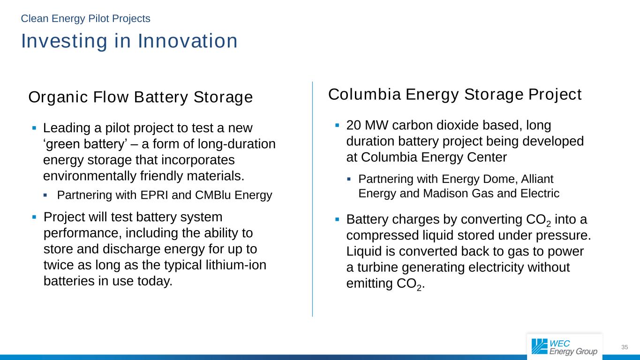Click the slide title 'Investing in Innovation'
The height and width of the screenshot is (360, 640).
129,41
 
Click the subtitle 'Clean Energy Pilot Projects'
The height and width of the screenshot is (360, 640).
85,19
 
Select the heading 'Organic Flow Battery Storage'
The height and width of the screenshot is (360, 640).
141,97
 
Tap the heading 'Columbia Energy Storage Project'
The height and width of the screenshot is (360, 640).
455,95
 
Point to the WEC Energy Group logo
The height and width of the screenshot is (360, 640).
565,347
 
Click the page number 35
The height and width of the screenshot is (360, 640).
625,347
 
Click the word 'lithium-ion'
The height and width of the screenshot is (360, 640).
236,265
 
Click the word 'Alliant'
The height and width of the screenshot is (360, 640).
537,179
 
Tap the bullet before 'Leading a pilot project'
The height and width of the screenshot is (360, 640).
34,128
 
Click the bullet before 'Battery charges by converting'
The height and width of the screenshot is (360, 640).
338,219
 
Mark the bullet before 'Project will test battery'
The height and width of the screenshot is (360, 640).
34,217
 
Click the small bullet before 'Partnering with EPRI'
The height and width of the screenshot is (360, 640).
45,195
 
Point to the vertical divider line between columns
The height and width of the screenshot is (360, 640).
312,199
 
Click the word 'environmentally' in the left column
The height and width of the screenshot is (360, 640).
90,176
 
